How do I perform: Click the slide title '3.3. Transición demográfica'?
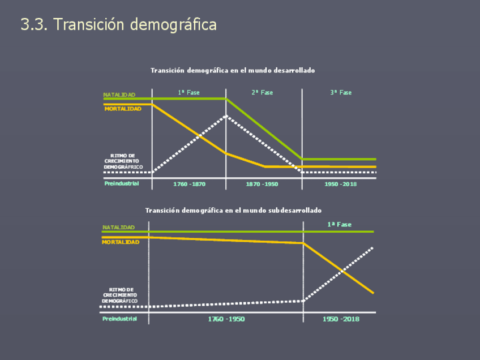tap(118, 25)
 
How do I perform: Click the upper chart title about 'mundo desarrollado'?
tap(233, 70)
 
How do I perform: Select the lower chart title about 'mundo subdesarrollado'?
tap(233, 210)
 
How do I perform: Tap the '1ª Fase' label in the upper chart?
tap(189, 92)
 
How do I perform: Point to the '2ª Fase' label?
tap(262, 92)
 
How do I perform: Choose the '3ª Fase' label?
tap(341, 92)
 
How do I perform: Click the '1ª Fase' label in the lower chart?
tap(339, 225)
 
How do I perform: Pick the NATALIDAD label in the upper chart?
tap(119, 95)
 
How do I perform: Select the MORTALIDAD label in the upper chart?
tap(123, 108)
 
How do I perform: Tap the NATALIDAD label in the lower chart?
tap(118, 228)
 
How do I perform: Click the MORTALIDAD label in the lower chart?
tap(121, 242)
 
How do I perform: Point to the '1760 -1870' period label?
tap(189, 184)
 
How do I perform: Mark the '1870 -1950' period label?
tap(262, 184)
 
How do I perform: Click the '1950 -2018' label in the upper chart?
tap(340, 184)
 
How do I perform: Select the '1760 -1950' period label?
tap(226, 319)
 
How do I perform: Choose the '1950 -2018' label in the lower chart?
tap(341, 319)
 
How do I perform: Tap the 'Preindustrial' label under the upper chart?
tap(121, 183)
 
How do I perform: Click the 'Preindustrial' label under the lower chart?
tap(119, 319)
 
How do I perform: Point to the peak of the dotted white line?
tap(226, 116)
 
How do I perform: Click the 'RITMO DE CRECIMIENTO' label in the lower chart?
tap(120, 295)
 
